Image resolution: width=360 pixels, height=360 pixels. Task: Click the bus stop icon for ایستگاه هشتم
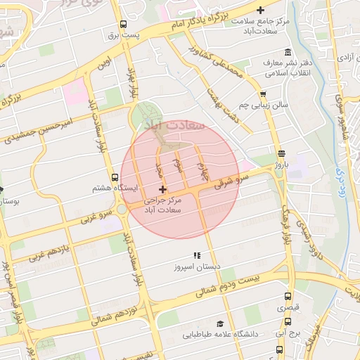[115, 177]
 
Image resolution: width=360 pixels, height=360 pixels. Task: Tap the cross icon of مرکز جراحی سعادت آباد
[163, 189]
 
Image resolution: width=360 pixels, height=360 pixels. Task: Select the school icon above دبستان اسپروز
[197, 256]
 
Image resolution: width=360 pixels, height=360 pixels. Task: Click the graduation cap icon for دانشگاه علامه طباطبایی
[220, 323]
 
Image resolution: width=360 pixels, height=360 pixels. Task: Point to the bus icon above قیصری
[281, 296]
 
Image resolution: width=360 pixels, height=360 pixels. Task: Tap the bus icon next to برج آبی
[280, 349]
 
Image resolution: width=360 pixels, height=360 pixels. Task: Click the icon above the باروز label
[281, 153]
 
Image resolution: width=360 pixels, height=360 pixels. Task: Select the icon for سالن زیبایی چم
[263, 94]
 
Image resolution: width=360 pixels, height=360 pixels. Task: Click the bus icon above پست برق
[124, 23]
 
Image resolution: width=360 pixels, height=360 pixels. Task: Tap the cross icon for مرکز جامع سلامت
[261, 10]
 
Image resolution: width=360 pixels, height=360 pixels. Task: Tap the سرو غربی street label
[96, 214]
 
